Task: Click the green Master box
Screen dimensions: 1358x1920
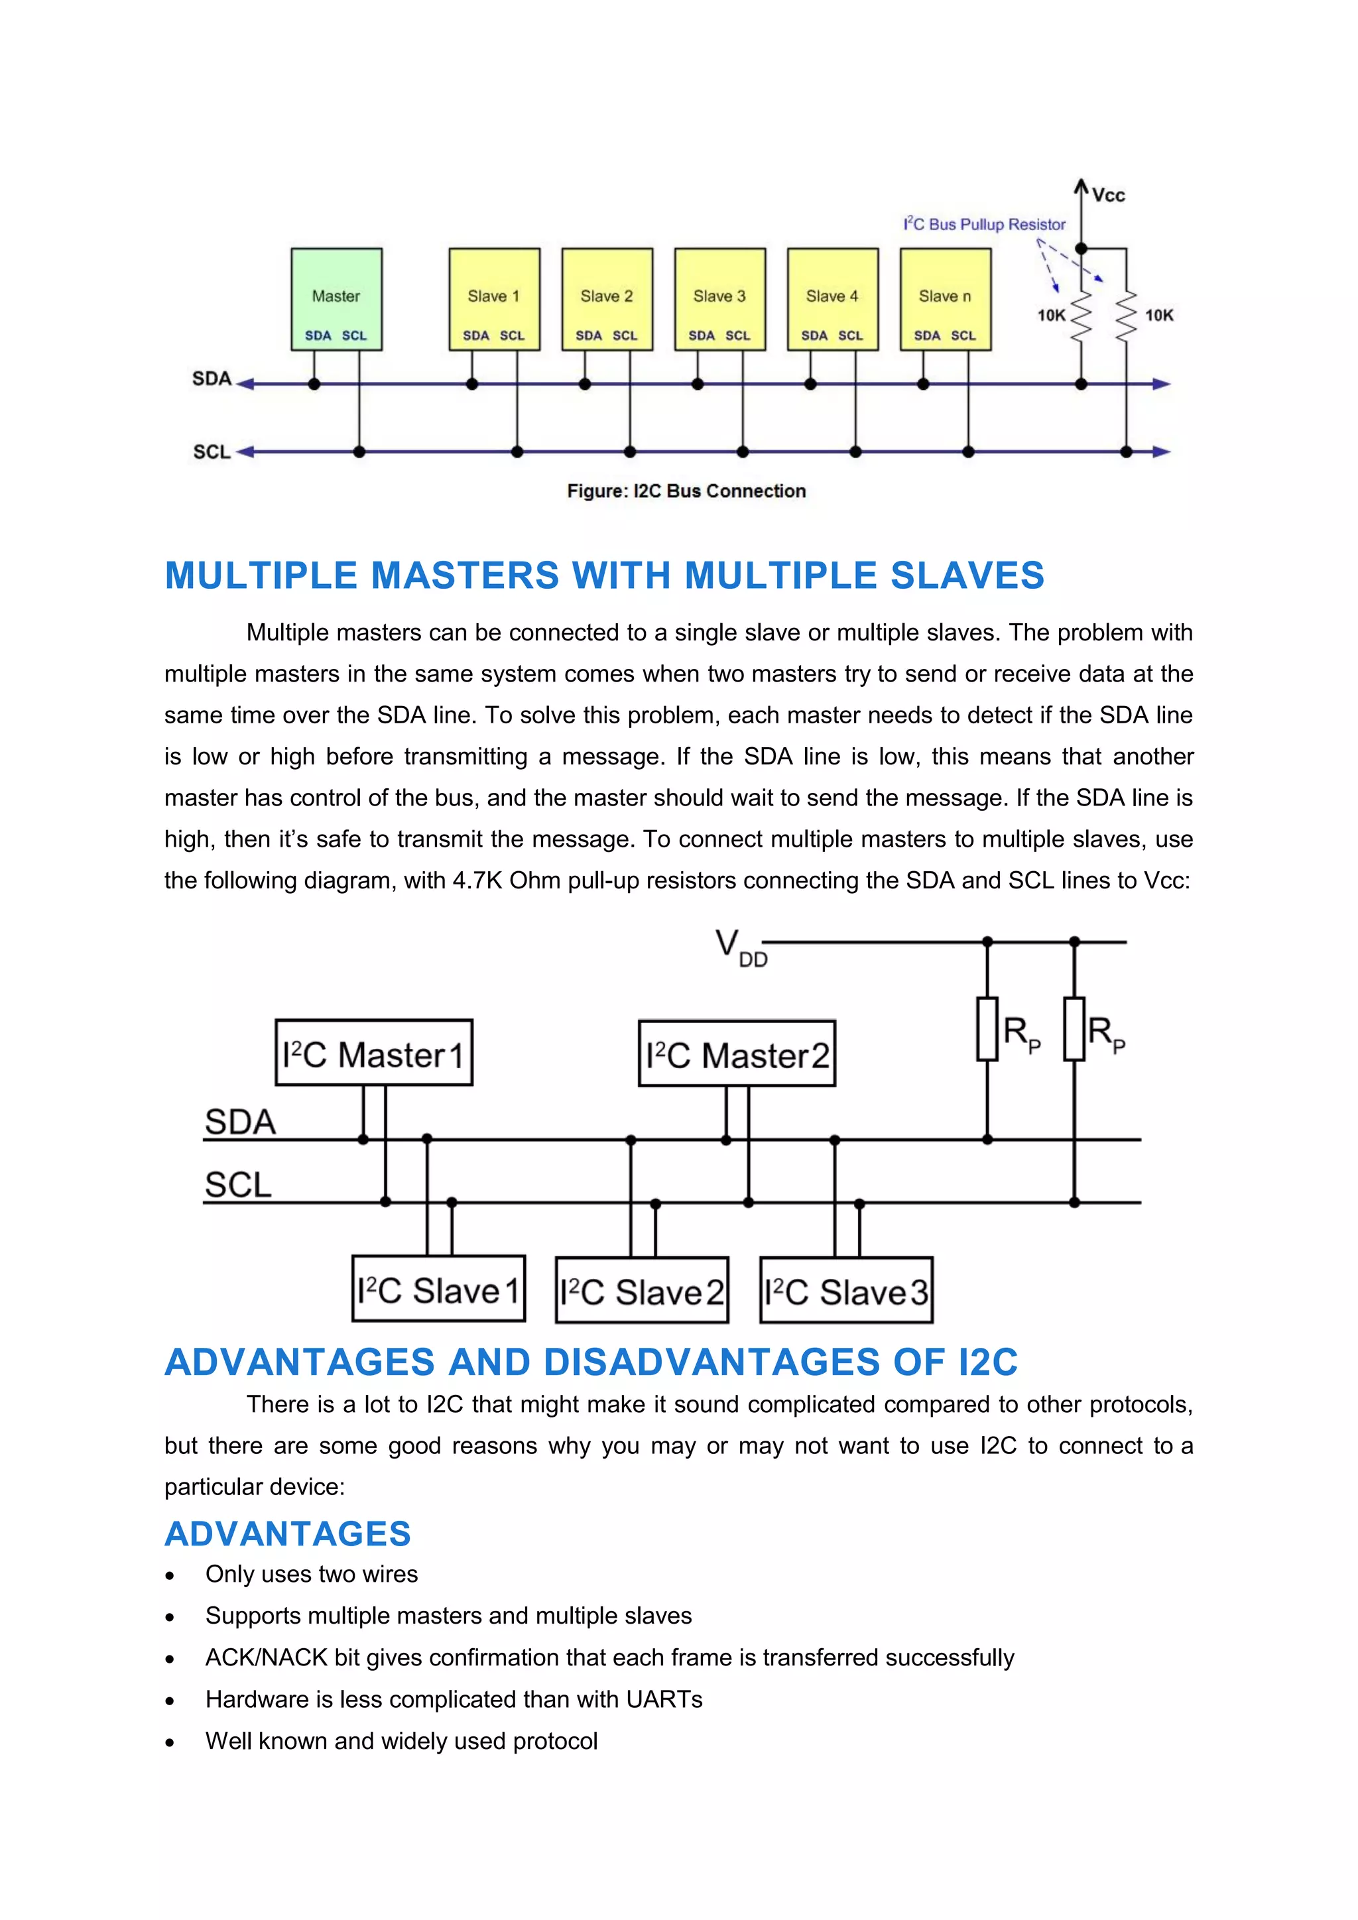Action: coord(336,298)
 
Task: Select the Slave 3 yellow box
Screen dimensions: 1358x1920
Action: coord(719,298)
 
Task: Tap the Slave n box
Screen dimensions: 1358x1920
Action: coord(945,298)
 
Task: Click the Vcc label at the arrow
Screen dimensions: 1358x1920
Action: coord(1108,196)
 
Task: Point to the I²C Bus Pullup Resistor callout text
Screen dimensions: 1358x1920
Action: coord(984,224)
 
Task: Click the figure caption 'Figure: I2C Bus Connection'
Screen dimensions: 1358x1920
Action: coord(686,491)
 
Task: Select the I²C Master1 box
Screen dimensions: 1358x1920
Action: coord(374,1053)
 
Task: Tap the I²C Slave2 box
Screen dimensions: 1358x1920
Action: coord(641,1291)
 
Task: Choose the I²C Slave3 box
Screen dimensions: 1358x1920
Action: coord(845,1291)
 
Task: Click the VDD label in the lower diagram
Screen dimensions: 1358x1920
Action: coord(740,947)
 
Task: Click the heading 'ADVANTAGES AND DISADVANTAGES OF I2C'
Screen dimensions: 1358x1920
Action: coord(590,1362)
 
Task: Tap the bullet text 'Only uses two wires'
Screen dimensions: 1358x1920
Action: coord(311,1575)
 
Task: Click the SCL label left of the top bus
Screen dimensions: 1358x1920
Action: coord(212,452)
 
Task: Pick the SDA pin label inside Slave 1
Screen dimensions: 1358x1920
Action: coord(476,336)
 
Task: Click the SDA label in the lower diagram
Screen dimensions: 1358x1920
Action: coord(240,1121)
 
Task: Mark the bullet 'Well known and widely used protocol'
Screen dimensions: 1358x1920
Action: coord(401,1742)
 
